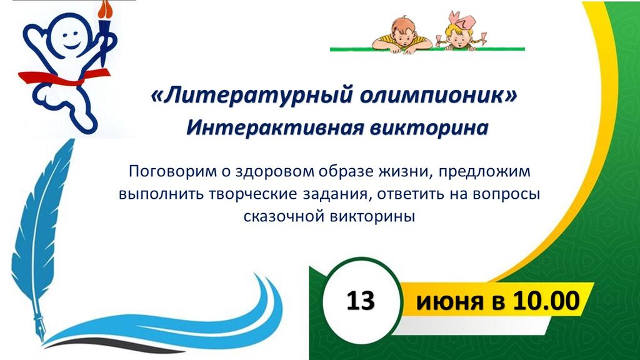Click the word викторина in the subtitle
click(x=429, y=127)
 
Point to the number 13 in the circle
click(x=361, y=301)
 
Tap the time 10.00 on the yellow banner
click(x=546, y=301)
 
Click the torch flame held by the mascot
click(x=106, y=9)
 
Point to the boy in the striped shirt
click(x=402, y=35)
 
